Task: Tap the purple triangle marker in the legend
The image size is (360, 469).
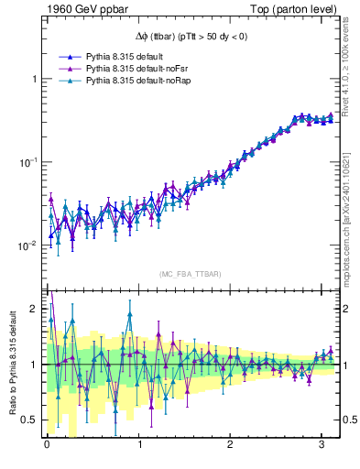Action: [61, 68]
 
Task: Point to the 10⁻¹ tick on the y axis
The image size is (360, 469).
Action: [29, 162]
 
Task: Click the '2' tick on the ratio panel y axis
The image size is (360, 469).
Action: [34, 309]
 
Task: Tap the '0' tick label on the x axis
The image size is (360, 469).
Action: [47, 446]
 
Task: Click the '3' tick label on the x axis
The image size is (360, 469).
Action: [322, 446]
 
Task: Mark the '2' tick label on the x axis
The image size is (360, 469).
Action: [231, 446]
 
